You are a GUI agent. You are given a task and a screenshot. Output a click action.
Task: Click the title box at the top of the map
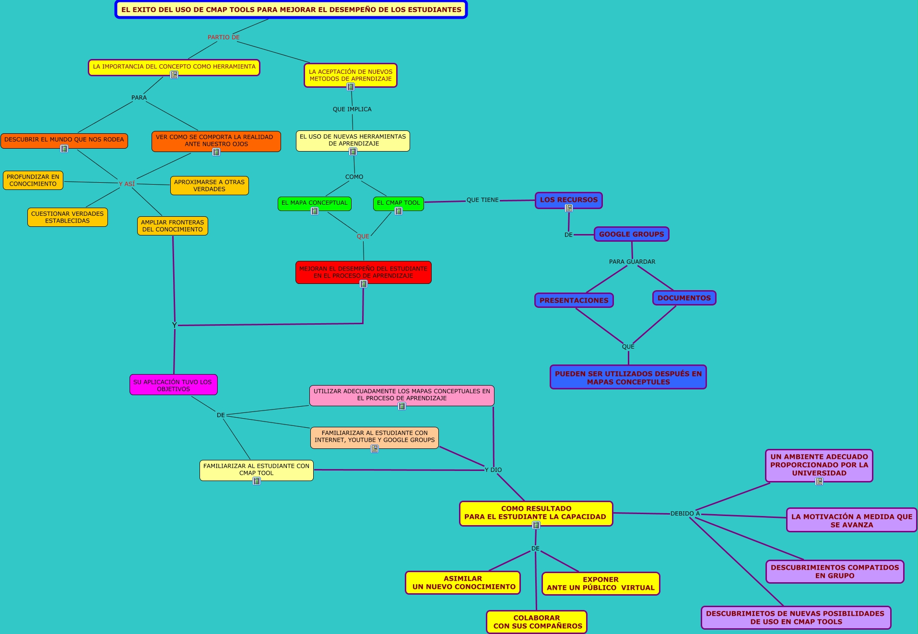pyautogui.click(x=291, y=10)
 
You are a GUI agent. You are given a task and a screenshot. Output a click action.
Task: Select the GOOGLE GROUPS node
pyautogui.click(x=631, y=234)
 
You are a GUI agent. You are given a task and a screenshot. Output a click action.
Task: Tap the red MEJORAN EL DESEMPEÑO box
pyautogui.click(x=363, y=272)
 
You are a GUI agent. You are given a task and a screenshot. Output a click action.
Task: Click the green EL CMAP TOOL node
pyautogui.click(x=398, y=203)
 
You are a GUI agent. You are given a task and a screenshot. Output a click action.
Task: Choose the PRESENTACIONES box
pyautogui.click(x=574, y=300)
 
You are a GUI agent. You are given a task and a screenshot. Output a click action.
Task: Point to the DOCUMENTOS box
pyautogui.click(x=684, y=298)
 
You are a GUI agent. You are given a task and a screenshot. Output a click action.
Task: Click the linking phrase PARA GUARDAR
pyautogui.click(x=632, y=262)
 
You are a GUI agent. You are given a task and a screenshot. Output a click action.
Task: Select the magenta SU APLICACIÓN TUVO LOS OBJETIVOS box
pyautogui.click(x=173, y=385)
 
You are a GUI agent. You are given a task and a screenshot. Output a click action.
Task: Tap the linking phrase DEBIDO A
pyautogui.click(x=685, y=514)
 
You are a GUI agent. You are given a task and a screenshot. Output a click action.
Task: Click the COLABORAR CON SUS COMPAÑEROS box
pyautogui.click(x=537, y=622)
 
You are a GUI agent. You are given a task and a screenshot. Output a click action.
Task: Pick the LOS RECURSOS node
pyautogui.click(x=568, y=200)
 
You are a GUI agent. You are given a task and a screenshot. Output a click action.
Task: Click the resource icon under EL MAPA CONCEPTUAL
pyautogui.click(x=315, y=211)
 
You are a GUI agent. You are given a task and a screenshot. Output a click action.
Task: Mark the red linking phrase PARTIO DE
pyautogui.click(x=224, y=37)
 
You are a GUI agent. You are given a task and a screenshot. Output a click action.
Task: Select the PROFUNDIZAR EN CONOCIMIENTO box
pyautogui.click(x=33, y=180)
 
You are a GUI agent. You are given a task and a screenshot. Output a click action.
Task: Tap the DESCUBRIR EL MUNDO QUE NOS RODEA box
pyautogui.click(x=64, y=140)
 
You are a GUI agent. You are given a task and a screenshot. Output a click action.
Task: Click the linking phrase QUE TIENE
pyautogui.click(x=483, y=200)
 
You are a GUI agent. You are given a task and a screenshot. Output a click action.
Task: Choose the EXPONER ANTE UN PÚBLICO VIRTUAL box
pyautogui.click(x=600, y=584)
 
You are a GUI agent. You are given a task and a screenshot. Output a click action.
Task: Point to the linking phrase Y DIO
pyautogui.click(x=493, y=470)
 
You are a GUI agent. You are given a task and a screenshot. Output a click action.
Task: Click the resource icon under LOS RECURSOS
pyautogui.click(x=569, y=208)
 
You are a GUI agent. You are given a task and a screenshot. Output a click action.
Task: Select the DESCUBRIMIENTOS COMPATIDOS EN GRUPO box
pyautogui.click(x=835, y=572)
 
